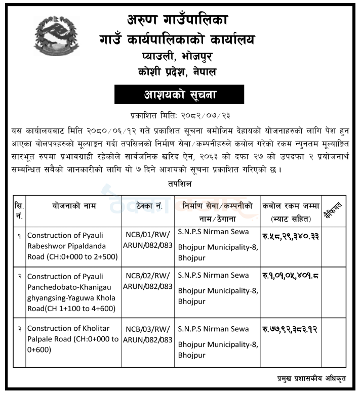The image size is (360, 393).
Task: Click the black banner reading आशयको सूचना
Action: [x=179, y=95]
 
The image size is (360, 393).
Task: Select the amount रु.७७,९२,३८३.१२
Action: [x=290, y=330]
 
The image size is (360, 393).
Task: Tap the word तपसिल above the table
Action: [x=180, y=185]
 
